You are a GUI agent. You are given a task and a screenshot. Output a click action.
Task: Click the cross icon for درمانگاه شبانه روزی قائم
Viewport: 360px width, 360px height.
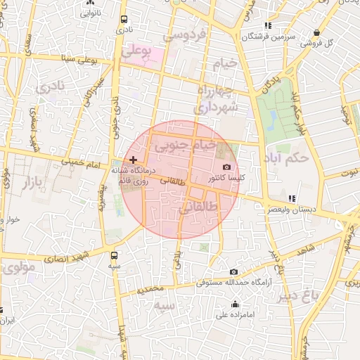click(134, 160)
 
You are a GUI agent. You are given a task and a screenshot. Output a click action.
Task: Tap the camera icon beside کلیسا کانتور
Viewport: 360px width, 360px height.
click(226, 167)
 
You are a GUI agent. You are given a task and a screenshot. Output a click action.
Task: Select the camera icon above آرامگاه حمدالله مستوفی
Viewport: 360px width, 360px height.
click(233, 271)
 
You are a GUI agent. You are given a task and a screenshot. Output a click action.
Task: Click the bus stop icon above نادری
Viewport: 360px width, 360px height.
click(124, 19)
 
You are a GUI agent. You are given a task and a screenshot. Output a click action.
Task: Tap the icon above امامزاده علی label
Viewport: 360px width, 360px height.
click(235, 304)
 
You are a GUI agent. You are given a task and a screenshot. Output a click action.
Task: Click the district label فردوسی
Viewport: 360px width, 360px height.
click(184, 34)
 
